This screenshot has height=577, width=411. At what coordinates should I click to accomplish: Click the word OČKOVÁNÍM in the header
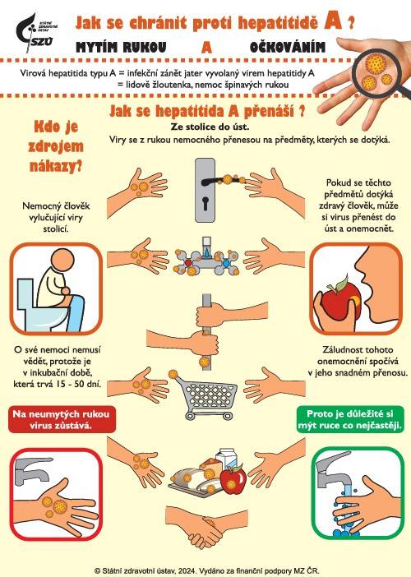288,47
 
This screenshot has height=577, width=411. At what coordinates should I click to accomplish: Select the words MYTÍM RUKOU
121,47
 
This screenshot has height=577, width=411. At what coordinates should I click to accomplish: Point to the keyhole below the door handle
205,203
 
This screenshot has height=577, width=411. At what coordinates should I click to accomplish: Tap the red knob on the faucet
188,263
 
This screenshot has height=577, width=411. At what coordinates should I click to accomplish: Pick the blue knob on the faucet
225,264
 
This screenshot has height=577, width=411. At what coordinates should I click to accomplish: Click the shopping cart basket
208,394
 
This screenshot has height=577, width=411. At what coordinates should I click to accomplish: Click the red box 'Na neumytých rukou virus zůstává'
61,419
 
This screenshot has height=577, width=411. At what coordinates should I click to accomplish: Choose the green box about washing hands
350,419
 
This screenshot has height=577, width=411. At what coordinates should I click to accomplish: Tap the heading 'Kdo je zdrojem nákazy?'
56,146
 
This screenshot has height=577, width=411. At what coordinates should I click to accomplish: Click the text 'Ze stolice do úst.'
210,127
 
